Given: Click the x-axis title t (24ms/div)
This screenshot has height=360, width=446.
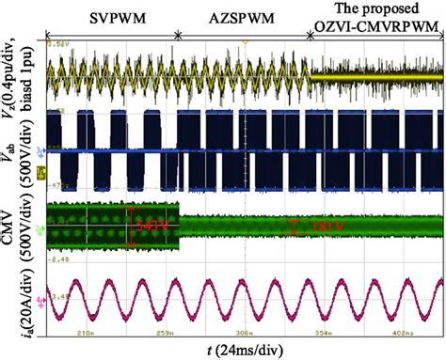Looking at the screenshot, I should pos(247,350).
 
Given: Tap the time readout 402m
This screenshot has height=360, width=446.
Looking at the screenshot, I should pos(388,332).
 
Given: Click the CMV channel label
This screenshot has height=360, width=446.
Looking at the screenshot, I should pos(16,226).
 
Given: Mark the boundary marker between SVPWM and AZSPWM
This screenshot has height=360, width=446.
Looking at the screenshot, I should pos(179,35).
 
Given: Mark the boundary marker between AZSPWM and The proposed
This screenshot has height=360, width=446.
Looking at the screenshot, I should pos(311,35).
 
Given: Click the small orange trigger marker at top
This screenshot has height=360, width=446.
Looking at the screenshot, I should pos(245,42).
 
